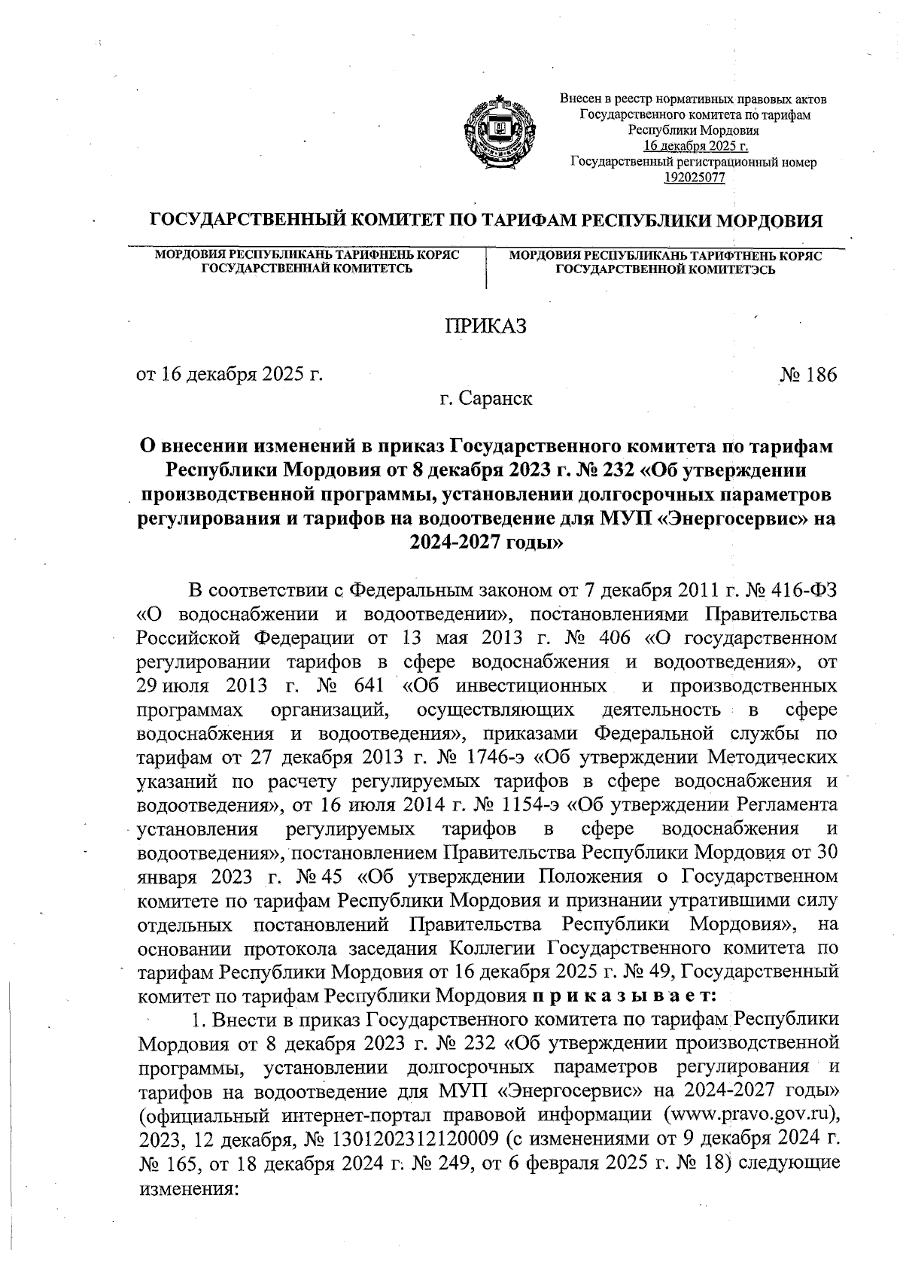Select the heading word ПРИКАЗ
[x=486, y=326]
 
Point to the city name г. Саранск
[x=487, y=398]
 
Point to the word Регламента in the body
[x=786, y=804]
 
